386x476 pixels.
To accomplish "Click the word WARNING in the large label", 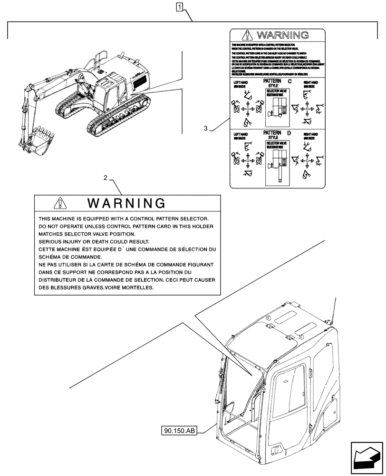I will tap(127, 204).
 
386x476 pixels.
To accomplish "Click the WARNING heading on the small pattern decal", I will tap(282, 35).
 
